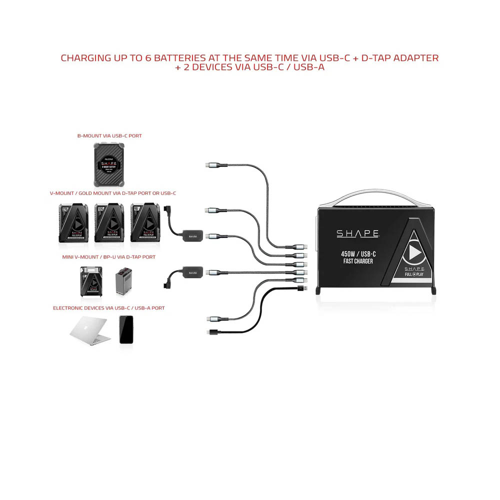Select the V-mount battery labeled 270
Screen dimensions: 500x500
coord(74,223)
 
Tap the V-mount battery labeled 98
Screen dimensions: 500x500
coord(145,223)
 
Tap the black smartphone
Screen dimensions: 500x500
coord(126,329)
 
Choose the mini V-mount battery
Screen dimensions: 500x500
coord(91,282)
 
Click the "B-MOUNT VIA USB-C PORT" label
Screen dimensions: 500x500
coord(109,135)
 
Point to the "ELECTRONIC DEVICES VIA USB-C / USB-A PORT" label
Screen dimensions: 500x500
coord(109,308)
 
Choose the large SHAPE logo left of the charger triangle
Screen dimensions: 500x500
coord(357,233)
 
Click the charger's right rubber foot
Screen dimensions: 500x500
coord(432,290)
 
